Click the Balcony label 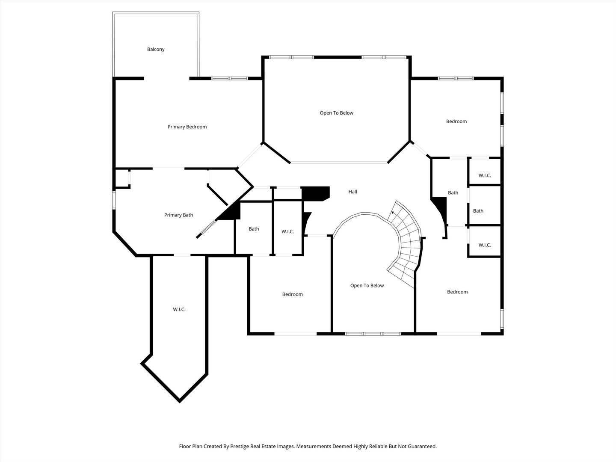(x=156, y=49)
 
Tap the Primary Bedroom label (x=187, y=127)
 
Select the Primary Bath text (x=178, y=215)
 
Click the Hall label (x=353, y=192)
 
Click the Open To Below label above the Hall (x=337, y=113)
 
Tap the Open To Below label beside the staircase (x=367, y=286)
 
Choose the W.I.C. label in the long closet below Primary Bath (x=179, y=309)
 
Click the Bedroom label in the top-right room (x=456, y=121)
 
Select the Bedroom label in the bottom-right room (x=457, y=292)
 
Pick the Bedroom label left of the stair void (x=293, y=294)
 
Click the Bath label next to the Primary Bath (x=254, y=229)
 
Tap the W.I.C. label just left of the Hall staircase (x=287, y=231)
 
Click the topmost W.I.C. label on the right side (x=485, y=175)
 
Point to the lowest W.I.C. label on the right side (x=485, y=245)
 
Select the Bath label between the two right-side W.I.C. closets (x=478, y=210)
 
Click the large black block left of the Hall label (x=315, y=193)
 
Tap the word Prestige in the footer (x=240, y=446)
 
